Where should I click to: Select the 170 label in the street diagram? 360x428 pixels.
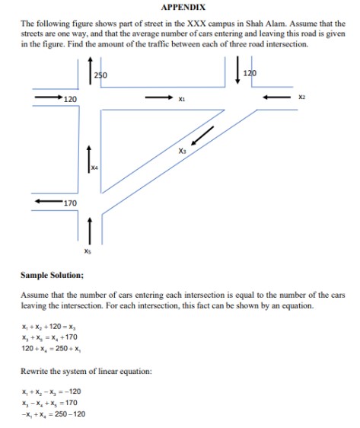70,203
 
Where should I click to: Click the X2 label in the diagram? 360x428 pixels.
301,97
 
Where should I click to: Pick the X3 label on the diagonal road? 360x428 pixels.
182,151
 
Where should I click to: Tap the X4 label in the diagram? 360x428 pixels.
94,166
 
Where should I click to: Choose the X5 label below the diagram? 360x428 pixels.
89,249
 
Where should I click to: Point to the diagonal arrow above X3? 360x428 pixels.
202,135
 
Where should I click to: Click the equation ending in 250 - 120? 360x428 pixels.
56,414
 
